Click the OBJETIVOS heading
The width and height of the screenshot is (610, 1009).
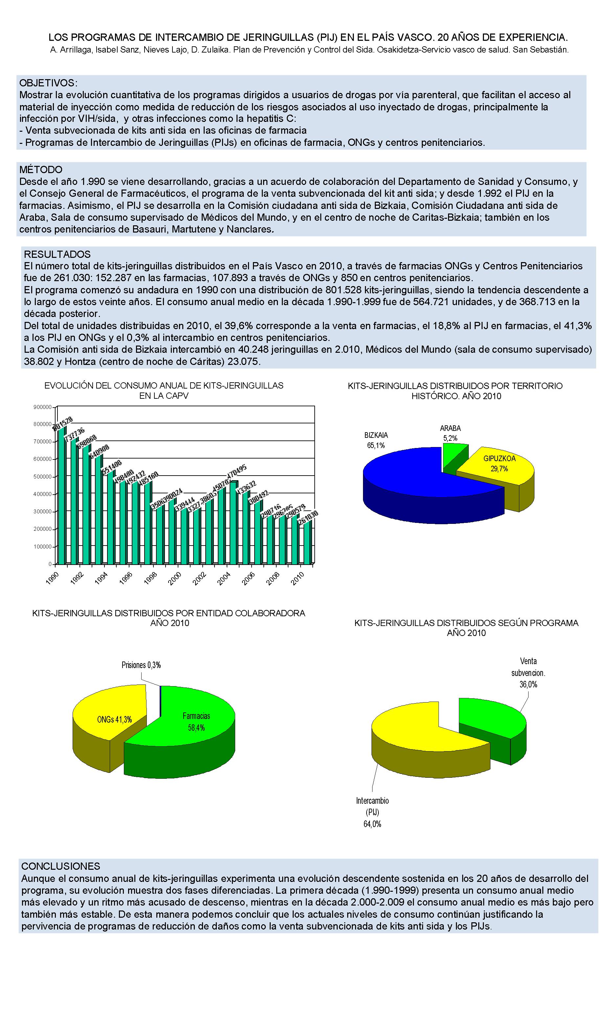[x=48, y=83]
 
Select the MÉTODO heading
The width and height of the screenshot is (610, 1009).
[x=41, y=169]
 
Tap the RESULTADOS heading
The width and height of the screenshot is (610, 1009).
[x=57, y=254]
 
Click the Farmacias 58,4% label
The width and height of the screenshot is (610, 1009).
[x=196, y=722]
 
